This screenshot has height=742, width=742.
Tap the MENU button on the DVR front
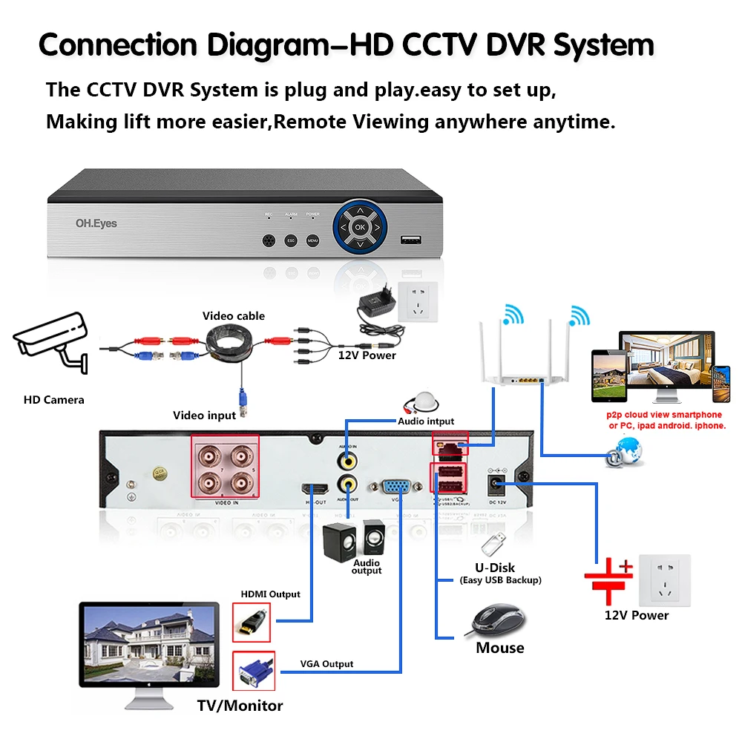(312, 241)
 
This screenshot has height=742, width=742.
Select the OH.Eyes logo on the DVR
(96, 223)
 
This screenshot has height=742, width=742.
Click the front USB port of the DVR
(410, 240)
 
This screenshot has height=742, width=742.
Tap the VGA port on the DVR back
(397, 486)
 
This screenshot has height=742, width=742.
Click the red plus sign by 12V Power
(626, 567)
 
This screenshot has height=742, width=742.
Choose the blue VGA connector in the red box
(253, 671)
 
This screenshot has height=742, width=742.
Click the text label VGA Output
(326, 663)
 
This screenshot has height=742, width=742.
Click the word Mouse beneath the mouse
(499, 648)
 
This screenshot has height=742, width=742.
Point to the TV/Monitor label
(240, 705)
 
